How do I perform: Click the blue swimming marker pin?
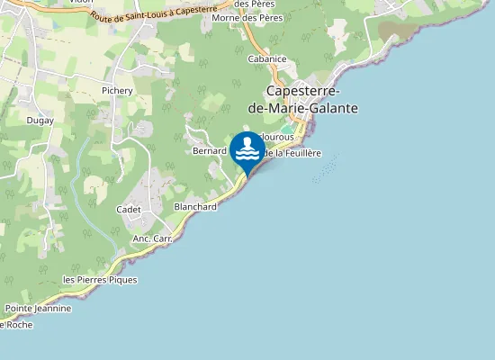pos(247,151)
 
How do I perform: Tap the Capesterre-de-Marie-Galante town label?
pos(311,100)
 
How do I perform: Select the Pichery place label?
pos(117,91)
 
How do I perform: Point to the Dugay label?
pos(40,121)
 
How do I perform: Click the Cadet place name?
pos(129,209)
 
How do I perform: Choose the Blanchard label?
pos(195,206)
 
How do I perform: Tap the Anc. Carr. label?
pos(152,238)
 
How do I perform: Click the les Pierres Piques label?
pos(100,280)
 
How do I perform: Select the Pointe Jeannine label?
pos(38,308)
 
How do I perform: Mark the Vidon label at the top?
pos(80,3)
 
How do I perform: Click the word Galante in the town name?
pos(333,108)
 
